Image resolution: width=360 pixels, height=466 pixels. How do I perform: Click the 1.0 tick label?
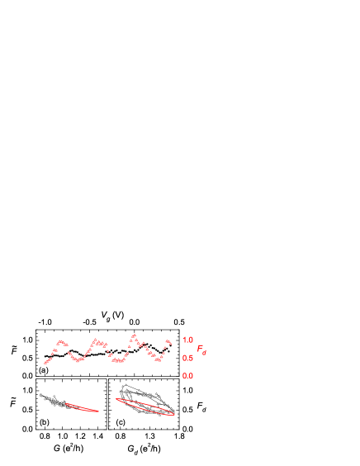(187, 340)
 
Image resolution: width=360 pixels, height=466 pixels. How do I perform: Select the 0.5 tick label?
(187, 358)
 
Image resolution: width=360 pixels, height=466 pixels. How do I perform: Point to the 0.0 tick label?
(187, 376)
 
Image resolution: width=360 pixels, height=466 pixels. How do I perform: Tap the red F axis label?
(200, 349)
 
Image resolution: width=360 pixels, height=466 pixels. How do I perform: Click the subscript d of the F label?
(205, 353)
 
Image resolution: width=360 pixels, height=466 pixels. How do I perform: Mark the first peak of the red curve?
(61, 341)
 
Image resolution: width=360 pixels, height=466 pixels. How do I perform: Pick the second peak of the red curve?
(96, 340)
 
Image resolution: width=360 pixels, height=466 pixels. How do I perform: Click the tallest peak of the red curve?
(133, 335)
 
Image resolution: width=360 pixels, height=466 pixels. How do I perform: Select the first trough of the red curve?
(78, 361)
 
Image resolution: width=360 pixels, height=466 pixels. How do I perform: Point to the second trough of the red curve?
(118, 362)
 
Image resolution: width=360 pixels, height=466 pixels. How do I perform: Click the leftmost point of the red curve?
(45, 363)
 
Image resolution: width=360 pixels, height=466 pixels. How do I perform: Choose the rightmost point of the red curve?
(170, 342)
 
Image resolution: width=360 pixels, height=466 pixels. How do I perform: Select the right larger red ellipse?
(145, 407)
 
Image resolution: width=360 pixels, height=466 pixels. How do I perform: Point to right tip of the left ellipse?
(98, 411)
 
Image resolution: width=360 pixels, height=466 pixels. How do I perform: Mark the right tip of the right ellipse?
(174, 413)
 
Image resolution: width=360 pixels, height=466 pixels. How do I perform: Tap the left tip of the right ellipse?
(116, 399)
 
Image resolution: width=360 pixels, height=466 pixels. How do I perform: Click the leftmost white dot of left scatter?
(40, 394)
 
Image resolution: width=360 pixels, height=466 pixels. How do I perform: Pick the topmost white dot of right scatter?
(123, 385)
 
